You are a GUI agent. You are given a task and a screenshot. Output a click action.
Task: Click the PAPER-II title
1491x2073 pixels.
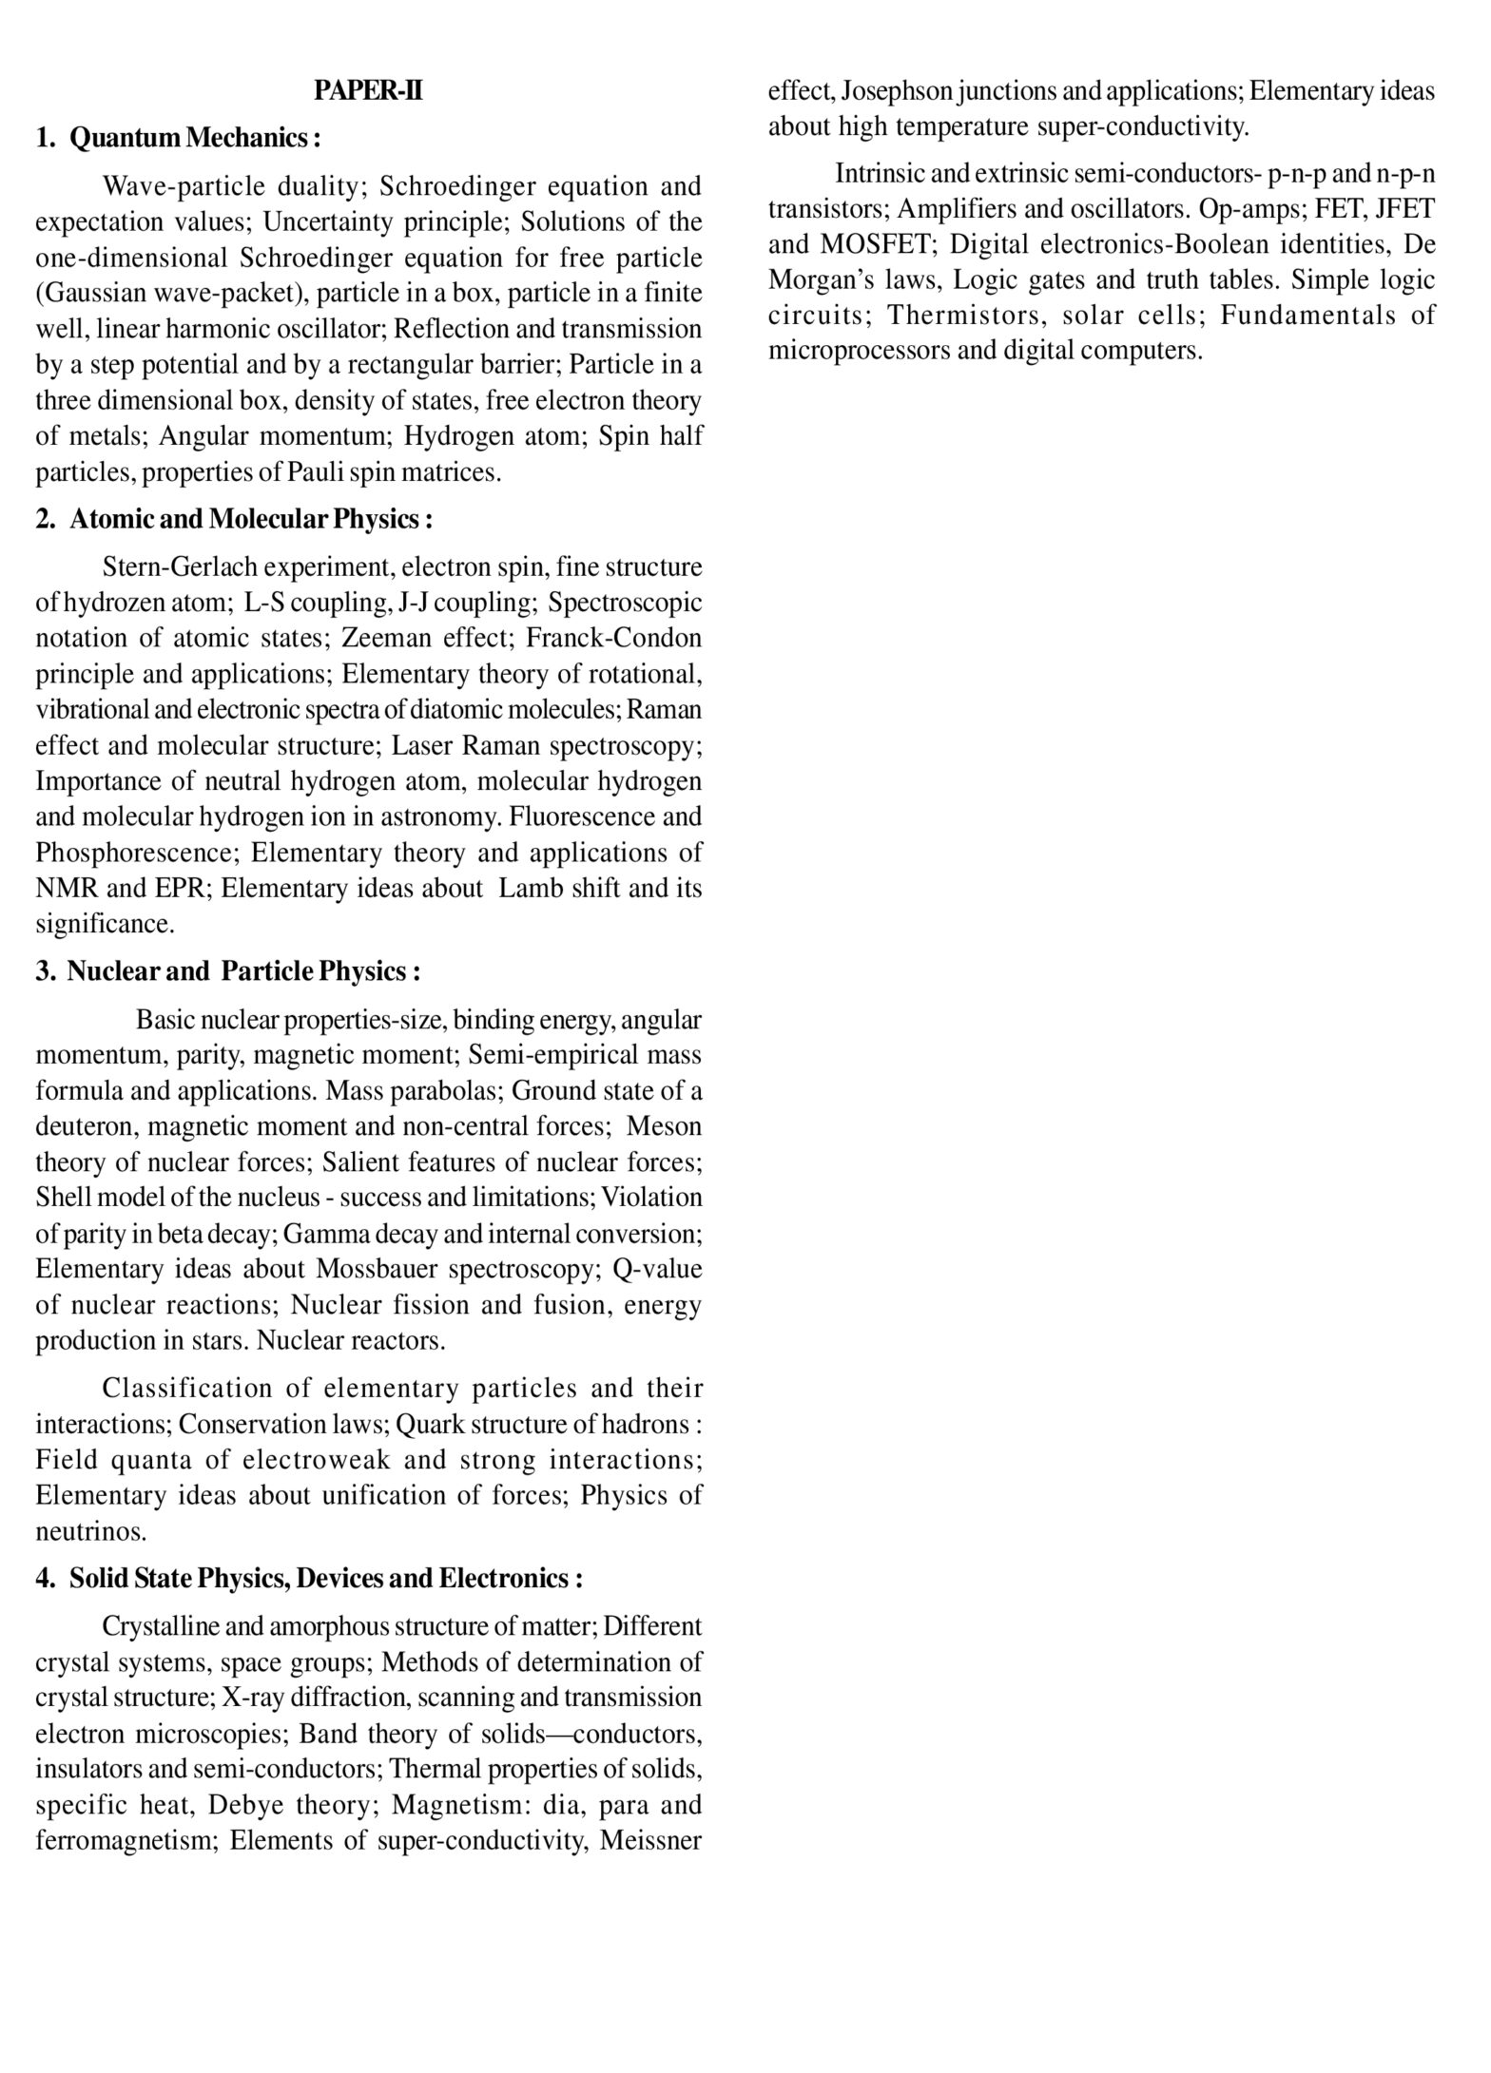(x=368, y=91)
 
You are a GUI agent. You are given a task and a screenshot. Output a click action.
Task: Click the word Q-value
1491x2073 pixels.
(x=657, y=1270)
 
